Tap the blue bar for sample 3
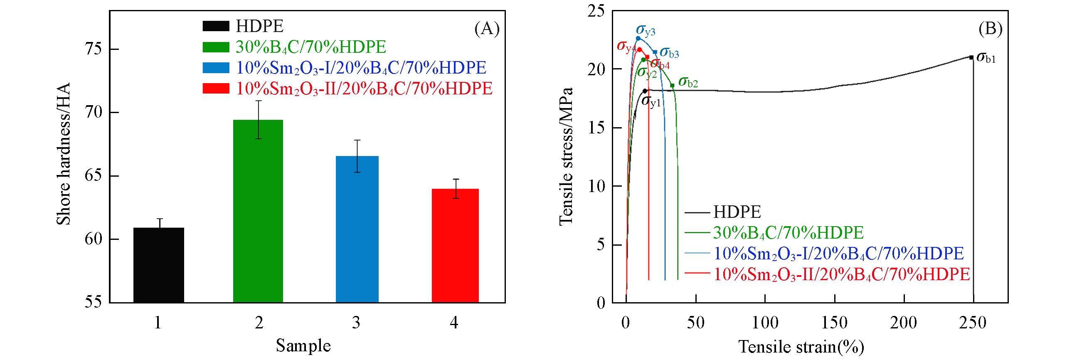click(357, 229)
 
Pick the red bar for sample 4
click(455, 245)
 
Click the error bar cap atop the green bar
click(258, 101)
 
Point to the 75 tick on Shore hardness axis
click(95, 49)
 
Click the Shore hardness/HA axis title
click(64, 154)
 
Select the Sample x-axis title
click(303, 346)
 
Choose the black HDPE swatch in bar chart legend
click(216, 27)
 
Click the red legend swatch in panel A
click(216, 89)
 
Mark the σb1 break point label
click(985, 58)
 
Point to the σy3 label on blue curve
click(646, 30)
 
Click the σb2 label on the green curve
click(688, 82)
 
